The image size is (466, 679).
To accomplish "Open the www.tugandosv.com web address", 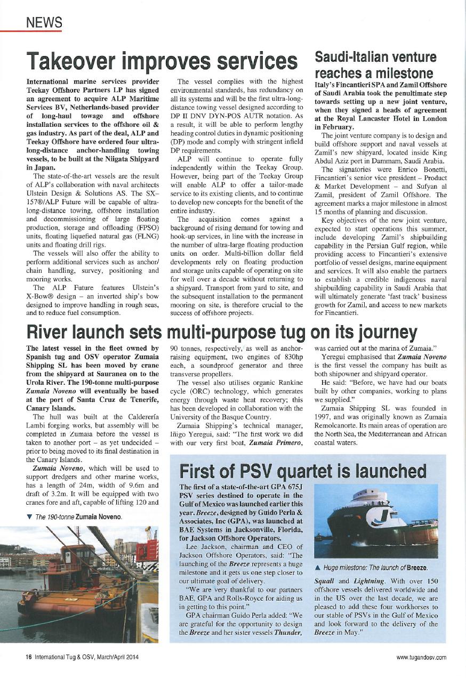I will point(421,657).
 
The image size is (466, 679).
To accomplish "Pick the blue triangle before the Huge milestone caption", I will point(317,567).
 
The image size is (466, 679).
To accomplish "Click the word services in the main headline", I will point(248,62).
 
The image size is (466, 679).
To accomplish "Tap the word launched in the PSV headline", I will point(393,471).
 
